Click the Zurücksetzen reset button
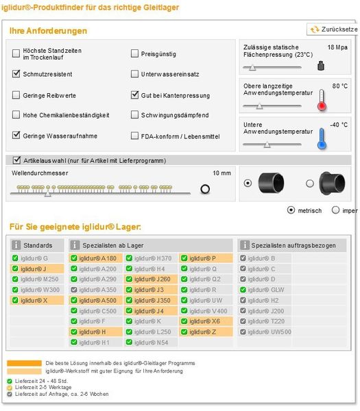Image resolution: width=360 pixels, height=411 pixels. click(x=334, y=29)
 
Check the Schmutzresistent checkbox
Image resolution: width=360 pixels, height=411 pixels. click(x=17, y=74)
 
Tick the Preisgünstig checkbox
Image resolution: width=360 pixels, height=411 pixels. click(x=135, y=53)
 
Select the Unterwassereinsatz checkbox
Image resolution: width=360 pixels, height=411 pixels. click(x=135, y=74)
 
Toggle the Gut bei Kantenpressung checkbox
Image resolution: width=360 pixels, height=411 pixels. click(x=135, y=95)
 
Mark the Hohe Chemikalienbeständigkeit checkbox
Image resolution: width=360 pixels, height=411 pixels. click(x=17, y=115)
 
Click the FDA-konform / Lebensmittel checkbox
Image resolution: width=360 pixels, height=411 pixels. click(x=135, y=136)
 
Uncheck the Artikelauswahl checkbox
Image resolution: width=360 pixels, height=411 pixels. click(x=17, y=160)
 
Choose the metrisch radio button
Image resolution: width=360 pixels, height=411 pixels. click(x=291, y=210)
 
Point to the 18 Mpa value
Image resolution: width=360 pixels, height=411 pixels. click(x=337, y=47)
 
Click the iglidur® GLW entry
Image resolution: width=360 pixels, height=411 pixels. click(x=263, y=290)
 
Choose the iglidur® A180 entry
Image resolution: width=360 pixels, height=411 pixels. click(x=97, y=258)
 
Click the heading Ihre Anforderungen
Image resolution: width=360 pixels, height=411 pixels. click(x=49, y=31)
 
